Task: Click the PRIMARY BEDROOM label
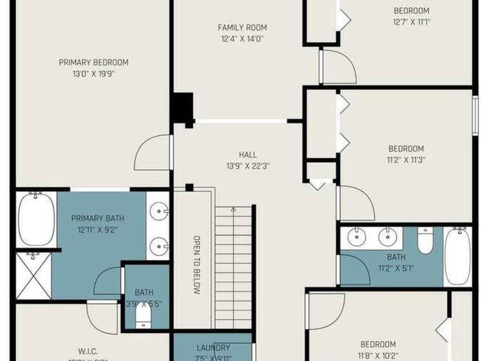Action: coord(93,62)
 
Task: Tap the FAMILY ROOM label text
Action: coord(242,28)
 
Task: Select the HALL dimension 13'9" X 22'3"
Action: coord(248,165)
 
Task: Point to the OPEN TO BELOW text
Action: coord(197,265)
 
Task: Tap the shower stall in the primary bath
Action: coord(33,276)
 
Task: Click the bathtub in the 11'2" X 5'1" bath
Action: coord(457,256)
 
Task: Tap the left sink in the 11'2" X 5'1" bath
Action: coord(357,236)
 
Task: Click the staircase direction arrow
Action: coord(233,210)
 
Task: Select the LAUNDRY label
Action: coord(213,348)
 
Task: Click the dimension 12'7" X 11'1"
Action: coord(412,22)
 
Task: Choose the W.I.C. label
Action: coord(88,350)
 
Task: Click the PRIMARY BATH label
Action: coord(98,218)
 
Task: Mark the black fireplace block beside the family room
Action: coord(182,108)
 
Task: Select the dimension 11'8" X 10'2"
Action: coord(378,355)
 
